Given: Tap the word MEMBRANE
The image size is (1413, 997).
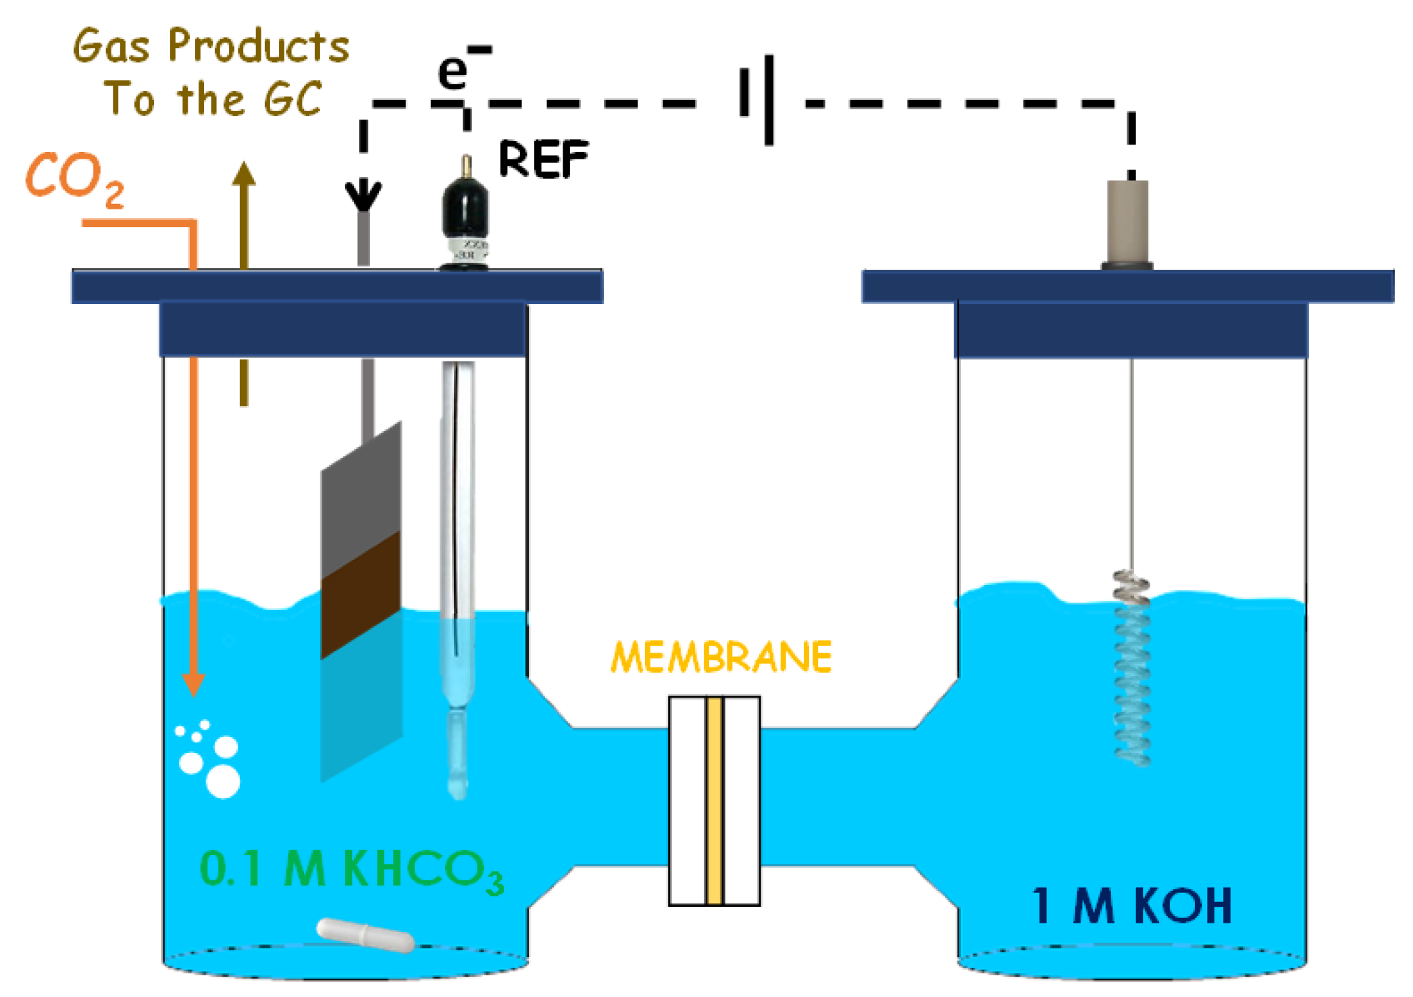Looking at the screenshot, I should [721, 657].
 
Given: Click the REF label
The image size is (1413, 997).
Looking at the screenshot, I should [543, 159].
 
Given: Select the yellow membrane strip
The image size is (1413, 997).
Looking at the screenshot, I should [715, 800].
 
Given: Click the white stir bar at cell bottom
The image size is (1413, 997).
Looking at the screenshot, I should [365, 935].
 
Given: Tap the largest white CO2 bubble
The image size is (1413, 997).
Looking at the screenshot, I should [222, 781].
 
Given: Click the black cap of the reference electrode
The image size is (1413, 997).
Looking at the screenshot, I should [464, 206].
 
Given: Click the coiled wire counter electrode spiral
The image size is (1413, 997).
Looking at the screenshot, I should [1132, 669].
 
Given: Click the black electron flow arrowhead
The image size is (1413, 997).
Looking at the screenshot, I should [363, 195].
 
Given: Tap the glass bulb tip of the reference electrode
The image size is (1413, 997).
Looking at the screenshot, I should [458, 784].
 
